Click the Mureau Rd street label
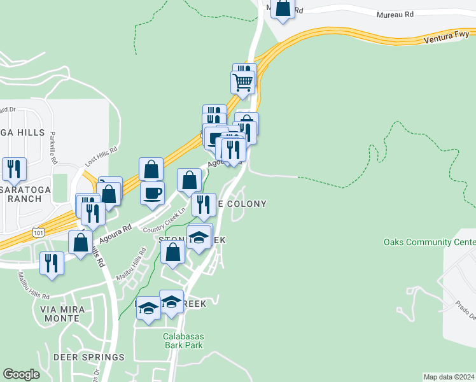click(395, 13)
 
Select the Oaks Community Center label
click(430, 243)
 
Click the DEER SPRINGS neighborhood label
click(89, 357)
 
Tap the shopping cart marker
click(242, 81)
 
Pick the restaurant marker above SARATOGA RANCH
click(14, 169)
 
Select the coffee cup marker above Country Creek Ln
click(152, 193)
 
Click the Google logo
click(21, 374)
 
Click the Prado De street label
click(464, 305)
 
